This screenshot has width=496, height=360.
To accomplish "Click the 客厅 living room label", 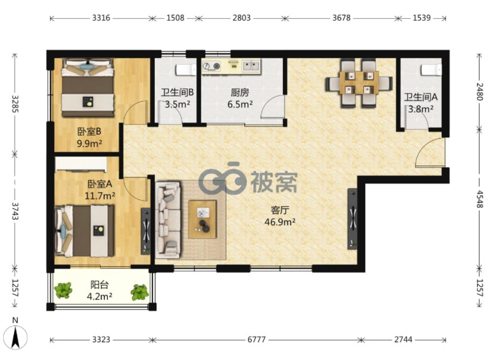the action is pyautogui.click(x=280, y=210).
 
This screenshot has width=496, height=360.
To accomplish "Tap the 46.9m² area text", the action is pyautogui.click(x=280, y=222).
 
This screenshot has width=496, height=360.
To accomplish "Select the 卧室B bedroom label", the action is pyautogui.click(x=89, y=131).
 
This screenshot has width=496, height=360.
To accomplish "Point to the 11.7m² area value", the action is pyautogui.click(x=99, y=196).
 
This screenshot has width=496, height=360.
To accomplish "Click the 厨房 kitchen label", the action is pyautogui.click(x=240, y=93).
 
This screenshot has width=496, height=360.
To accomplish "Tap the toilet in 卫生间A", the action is pyautogui.click(x=431, y=69).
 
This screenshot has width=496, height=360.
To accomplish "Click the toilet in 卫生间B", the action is pyautogui.click(x=186, y=69).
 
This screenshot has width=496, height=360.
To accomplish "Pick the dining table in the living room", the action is pyautogui.click(x=359, y=82).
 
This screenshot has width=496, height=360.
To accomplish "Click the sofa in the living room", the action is pyautogui.click(x=168, y=219).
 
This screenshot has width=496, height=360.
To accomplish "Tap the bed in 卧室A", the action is pyautogui.click(x=84, y=231).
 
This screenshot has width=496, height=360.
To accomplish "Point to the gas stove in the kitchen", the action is pyautogui.click(x=212, y=66).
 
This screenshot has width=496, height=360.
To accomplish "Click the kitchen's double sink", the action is pyautogui.click(x=251, y=66).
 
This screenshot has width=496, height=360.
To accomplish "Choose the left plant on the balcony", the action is pyautogui.click(x=63, y=289).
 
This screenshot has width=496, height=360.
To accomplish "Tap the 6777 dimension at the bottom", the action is pyautogui.click(x=256, y=339).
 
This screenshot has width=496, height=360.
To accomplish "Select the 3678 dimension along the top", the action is pyautogui.click(x=341, y=17).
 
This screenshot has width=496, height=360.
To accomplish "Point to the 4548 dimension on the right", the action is pyautogui.click(x=480, y=199).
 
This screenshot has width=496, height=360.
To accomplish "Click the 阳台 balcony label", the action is pyautogui.click(x=99, y=284).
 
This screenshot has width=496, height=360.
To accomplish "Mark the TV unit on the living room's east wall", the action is pyautogui.click(x=353, y=219).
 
